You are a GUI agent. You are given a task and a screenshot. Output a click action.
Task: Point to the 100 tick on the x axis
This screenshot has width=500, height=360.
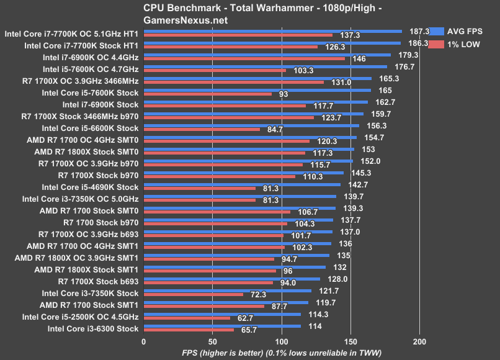click(282, 341)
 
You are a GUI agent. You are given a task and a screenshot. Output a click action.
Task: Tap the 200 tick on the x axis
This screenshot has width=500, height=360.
click(420, 341)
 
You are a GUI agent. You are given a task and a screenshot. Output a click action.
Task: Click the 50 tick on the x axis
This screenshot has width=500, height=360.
click(212, 341)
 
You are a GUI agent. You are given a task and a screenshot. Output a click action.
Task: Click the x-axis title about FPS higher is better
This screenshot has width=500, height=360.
click(282, 353)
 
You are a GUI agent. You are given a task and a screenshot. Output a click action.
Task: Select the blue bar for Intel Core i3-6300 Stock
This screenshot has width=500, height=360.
click(222, 326)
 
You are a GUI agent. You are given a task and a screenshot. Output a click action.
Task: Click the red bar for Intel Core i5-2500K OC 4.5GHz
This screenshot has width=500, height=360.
click(187, 318)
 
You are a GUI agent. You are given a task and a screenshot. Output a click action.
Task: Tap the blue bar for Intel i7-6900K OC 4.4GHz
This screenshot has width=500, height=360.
click(267, 55)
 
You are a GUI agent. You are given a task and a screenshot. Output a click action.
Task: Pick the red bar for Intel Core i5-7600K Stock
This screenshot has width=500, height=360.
click(208, 94)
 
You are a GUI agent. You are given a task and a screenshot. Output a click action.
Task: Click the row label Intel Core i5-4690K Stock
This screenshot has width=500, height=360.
click(90, 187)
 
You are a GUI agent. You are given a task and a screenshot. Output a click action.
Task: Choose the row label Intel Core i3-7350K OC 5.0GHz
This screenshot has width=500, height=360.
click(80, 199)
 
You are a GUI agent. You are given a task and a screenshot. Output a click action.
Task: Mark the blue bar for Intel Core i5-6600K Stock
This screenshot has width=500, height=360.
click(251, 125)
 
